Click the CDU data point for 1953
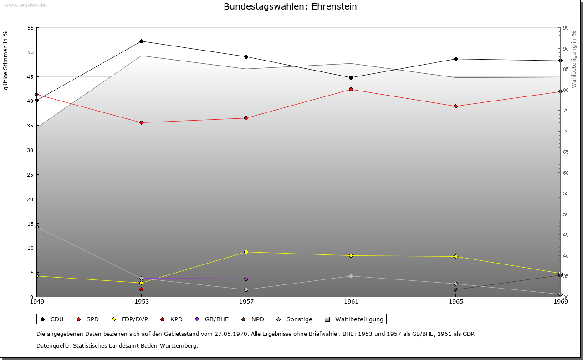tap(141, 41)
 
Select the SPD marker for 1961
tap(351, 90)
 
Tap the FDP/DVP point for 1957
tap(246, 252)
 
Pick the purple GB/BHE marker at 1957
tap(246, 279)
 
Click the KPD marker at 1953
tap(141, 289)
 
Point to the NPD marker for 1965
tap(455, 290)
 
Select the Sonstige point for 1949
tap(36, 227)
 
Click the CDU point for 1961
tap(351, 78)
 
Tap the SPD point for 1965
tap(455, 106)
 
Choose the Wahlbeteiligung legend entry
tap(355, 319)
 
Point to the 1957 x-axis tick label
tap(246, 301)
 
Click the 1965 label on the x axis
tap(455, 301)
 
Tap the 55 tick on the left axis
tap(31, 28)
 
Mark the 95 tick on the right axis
tap(565, 28)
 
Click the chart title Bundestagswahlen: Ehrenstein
tap(290, 7)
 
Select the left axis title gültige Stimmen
tap(6, 60)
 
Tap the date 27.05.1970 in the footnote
tap(231, 334)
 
